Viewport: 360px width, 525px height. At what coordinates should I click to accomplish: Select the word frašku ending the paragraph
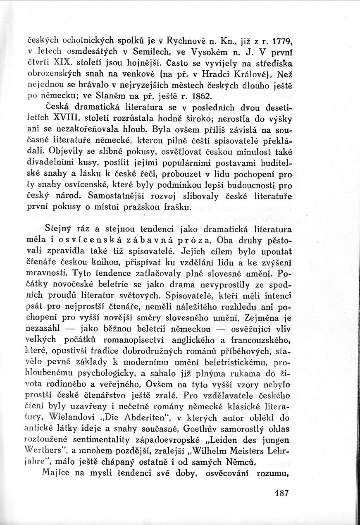pyautogui.click(x=176, y=206)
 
